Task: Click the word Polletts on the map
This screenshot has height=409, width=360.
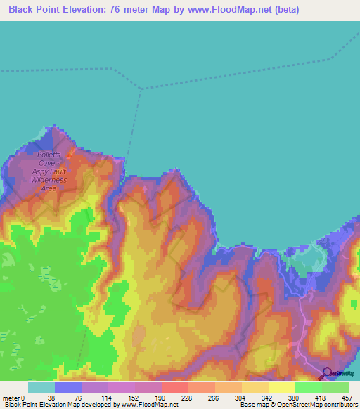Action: (x=49, y=155)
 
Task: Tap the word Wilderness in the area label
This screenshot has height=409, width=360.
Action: (x=49, y=180)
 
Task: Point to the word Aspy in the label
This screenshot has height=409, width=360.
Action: (x=41, y=171)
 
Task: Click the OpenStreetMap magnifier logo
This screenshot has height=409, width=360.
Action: (x=328, y=373)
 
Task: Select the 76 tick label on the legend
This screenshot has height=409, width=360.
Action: (x=77, y=398)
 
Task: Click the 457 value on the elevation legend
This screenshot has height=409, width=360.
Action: (x=345, y=398)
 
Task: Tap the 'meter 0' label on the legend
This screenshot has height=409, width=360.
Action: (x=13, y=398)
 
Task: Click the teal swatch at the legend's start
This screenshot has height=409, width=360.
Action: (x=41, y=387)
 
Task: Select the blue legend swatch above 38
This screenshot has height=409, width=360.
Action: (x=67, y=387)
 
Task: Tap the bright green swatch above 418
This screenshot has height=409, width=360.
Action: (x=308, y=387)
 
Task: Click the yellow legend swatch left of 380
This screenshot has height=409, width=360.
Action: (x=281, y=387)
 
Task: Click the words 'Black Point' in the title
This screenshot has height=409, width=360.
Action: (x=36, y=10)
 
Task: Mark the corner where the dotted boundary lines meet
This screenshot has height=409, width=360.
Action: (x=142, y=89)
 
